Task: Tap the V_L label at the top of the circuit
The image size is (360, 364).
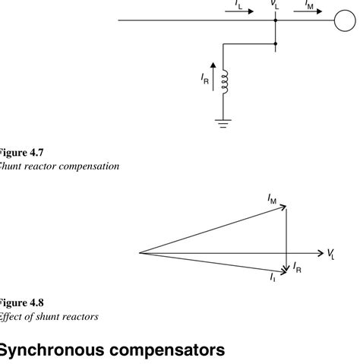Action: point(276,4)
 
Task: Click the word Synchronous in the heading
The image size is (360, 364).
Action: point(61,350)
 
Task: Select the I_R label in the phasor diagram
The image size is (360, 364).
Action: point(298,267)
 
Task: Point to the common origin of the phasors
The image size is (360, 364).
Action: point(139,252)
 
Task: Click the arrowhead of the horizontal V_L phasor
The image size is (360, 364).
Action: point(319,252)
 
